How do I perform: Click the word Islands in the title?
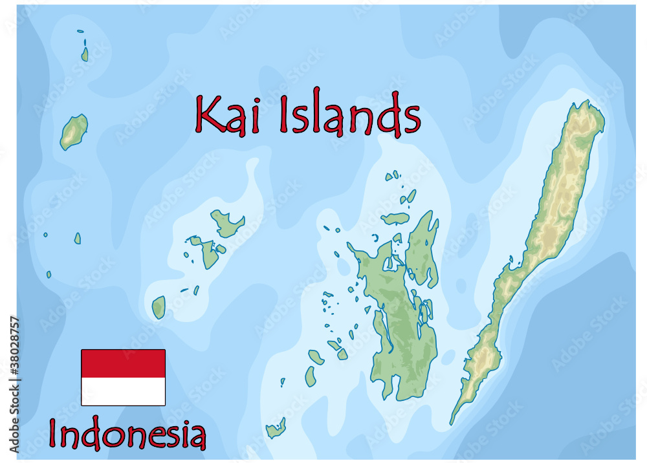tap(349, 114)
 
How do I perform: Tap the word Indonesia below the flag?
tap(127, 435)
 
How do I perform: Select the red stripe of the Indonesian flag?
tap(123, 363)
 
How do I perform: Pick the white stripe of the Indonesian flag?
tap(123, 392)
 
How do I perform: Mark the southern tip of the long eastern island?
tap(452, 422)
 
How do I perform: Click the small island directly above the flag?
tap(159, 307)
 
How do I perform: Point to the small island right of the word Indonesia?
tap(276, 428)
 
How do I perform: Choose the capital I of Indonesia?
tap(54, 435)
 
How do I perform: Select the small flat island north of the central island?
tap(395, 219)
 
